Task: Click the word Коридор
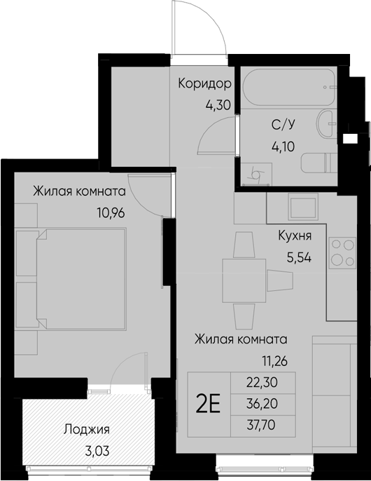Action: click(x=204, y=83)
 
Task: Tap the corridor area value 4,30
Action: click(x=218, y=105)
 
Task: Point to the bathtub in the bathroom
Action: click(x=289, y=88)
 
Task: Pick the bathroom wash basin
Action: click(x=327, y=124)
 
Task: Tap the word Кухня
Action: click(x=295, y=236)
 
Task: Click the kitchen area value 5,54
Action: click(x=299, y=258)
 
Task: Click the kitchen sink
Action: click(x=302, y=209)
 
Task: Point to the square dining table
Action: click(x=244, y=280)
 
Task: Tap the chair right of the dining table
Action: click(x=280, y=280)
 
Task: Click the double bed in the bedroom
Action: click(x=81, y=279)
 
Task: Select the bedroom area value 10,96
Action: click(x=111, y=212)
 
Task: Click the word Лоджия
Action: click(x=86, y=429)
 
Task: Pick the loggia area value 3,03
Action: click(x=97, y=452)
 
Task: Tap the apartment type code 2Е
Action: click(x=209, y=405)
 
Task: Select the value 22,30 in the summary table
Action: click(x=262, y=382)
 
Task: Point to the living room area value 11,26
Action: click(x=274, y=361)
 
